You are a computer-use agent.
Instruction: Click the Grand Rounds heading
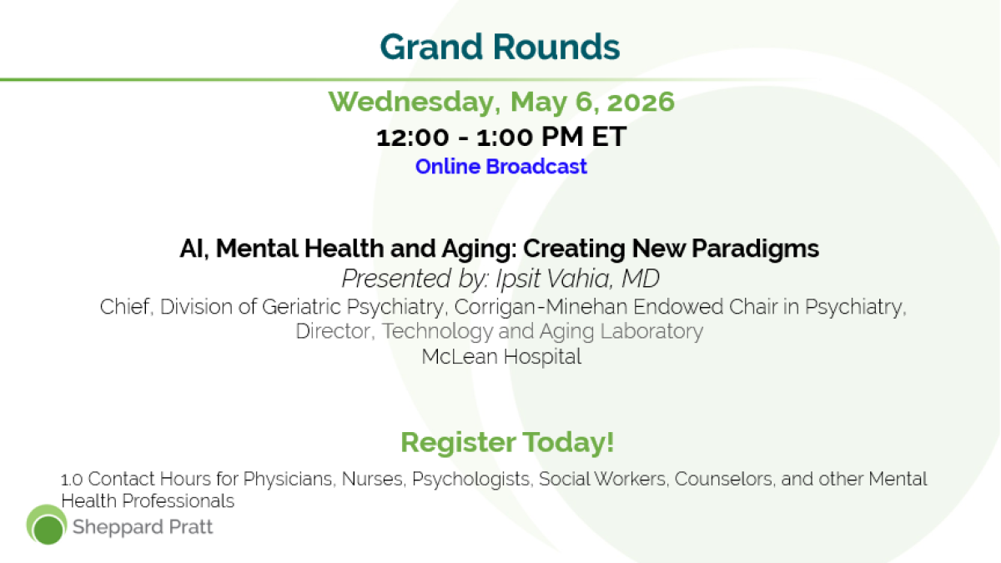(500, 47)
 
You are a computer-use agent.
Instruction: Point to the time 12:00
(412, 137)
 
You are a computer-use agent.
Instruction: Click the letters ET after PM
(609, 137)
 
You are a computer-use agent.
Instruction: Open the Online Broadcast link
(501, 166)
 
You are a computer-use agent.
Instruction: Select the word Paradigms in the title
(755, 249)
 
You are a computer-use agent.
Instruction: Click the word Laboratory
(651, 332)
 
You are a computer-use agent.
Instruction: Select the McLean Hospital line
(501, 357)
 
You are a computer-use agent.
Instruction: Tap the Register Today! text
(507, 442)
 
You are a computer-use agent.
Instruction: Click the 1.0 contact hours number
(72, 480)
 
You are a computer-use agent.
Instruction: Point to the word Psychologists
(473, 479)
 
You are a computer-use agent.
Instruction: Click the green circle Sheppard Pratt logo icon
(47, 525)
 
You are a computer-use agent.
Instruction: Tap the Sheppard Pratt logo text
(143, 527)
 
